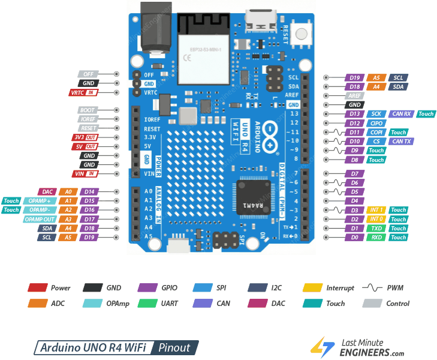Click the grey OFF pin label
click(x=88, y=74)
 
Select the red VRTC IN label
click(x=83, y=92)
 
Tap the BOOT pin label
click(x=88, y=110)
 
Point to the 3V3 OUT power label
click(x=85, y=137)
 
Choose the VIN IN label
click(x=85, y=173)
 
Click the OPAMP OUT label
click(x=40, y=219)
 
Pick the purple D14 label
click(x=89, y=192)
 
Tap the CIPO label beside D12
click(x=376, y=123)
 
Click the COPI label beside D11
click(x=376, y=132)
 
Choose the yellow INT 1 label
click(x=376, y=210)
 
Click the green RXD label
click(x=376, y=237)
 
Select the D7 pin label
click(x=354, y=174)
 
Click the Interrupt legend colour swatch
click(x=314, y=288)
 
